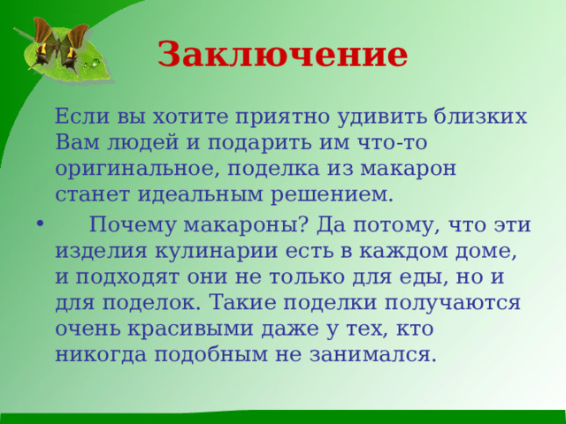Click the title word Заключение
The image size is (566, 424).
point(282,55)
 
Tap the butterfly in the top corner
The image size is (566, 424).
point(59,44)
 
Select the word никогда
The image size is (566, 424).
point(101,354)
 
